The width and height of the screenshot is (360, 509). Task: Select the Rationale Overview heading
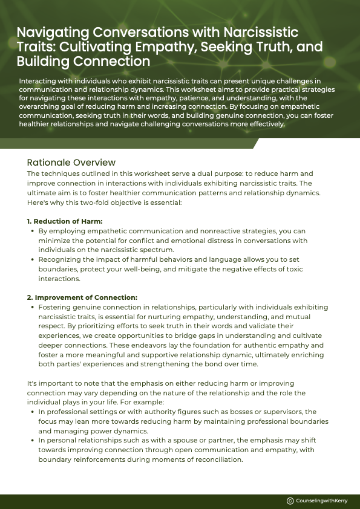(x=71, y=163)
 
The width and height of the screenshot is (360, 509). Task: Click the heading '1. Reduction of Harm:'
(x=65, y=221)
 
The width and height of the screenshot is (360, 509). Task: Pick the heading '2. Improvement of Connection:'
(x=82, y=297)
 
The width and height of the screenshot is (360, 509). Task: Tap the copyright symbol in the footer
(x=290, y=501)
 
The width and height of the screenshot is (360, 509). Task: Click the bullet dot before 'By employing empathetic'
(x=32, y=231)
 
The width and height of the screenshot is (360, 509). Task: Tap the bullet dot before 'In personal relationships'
(x=32, y=440)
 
